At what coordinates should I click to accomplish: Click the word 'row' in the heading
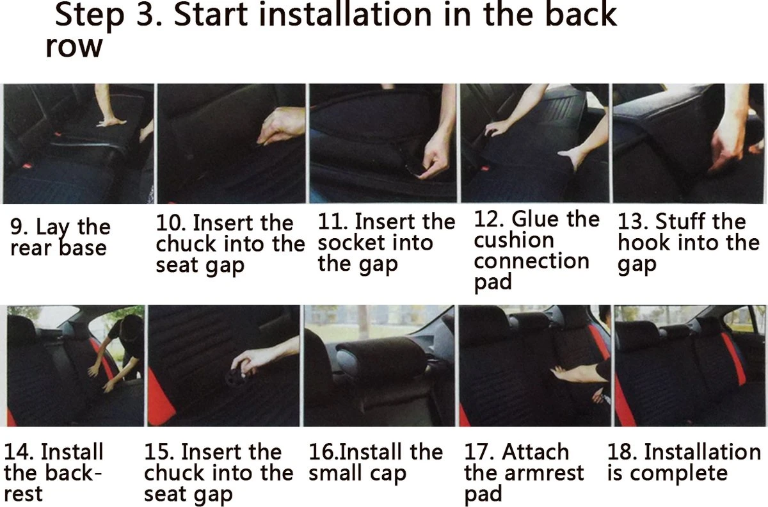[x=74, y=47]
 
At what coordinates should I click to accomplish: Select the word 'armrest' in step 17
[x=544, y=472]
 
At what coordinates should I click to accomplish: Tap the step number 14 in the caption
[x=19, y=451]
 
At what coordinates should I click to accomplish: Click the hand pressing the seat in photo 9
[x=110, y=122]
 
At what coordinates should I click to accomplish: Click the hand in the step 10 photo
[x=280, y=126]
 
